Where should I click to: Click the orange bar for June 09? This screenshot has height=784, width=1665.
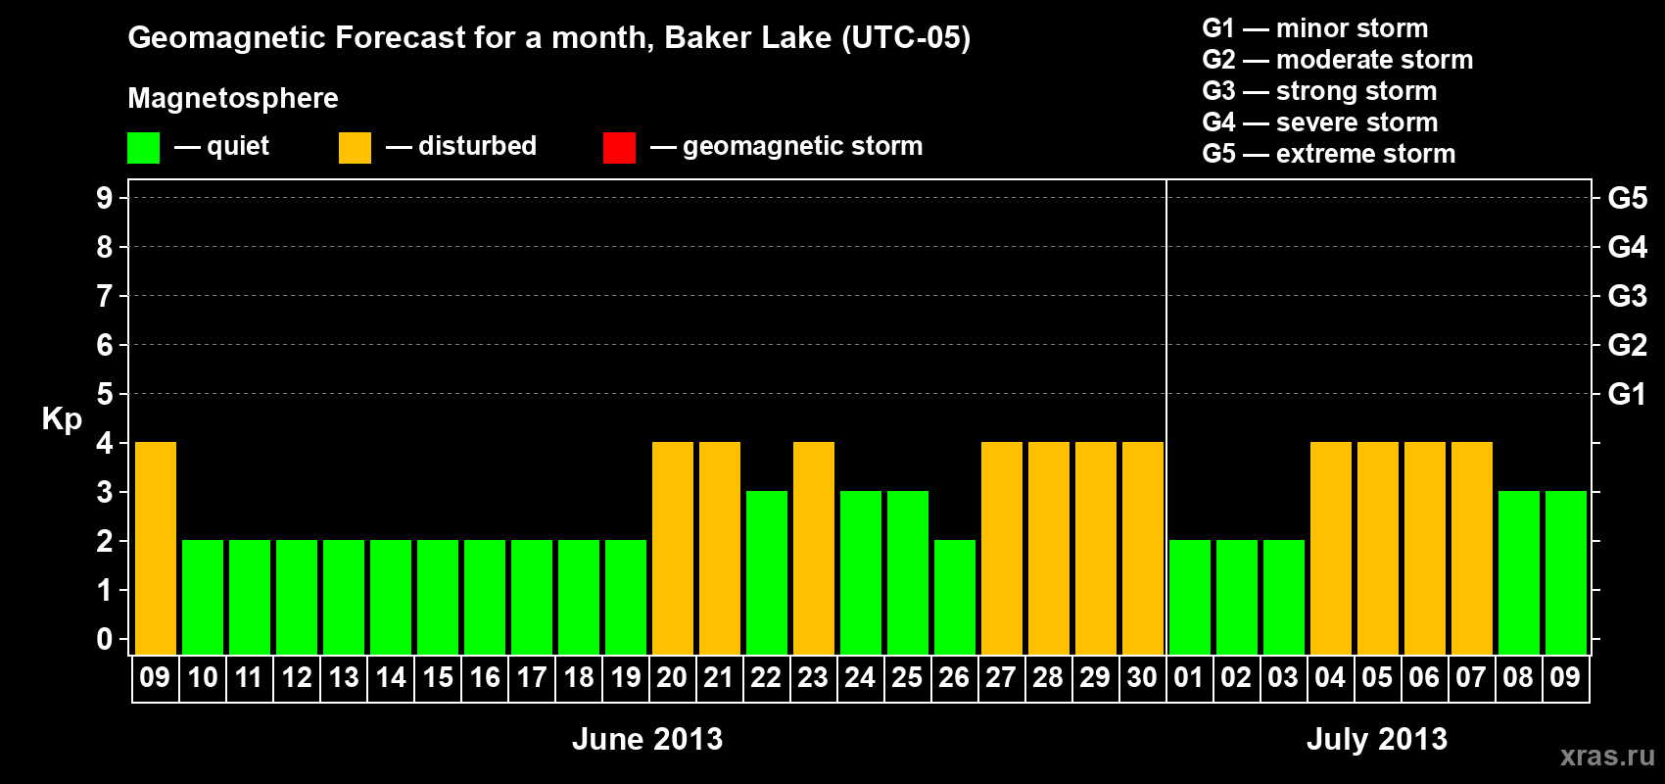click(x=156, y=548)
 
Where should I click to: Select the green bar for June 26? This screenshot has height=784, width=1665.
click(x=955, y=597)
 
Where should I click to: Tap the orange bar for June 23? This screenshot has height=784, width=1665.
click(x=814, y=548)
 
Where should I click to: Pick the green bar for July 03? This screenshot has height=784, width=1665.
click(x=1284, y=597)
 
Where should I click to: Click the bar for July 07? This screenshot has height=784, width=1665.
click(x=1472, y=548)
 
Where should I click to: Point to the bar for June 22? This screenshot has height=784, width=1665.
click(x=767, y=572)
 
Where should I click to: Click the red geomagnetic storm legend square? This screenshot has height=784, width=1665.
click(x=620, y=147)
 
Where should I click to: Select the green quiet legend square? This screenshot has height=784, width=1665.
click(x=143, y=147)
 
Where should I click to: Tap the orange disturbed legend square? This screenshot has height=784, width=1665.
click(x=356, y=147)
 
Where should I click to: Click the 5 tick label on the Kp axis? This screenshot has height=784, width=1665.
click(x=104, y=394)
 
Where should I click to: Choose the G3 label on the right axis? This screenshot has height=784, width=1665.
click(x=1627, y=296)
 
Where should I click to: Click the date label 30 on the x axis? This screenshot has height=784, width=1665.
click(x=1142, y=677)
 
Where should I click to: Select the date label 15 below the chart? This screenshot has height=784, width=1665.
click(x=438, y=677)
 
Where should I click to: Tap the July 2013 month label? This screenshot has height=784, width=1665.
click(x=1377, y=739)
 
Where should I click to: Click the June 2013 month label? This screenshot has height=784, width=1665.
click(x=647, y=739)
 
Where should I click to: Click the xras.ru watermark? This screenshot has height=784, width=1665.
click(x=1607, y=756)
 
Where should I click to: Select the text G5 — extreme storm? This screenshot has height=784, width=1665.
click(x=1329, y=154)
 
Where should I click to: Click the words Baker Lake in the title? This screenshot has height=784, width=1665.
click(x=747, y=37)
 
